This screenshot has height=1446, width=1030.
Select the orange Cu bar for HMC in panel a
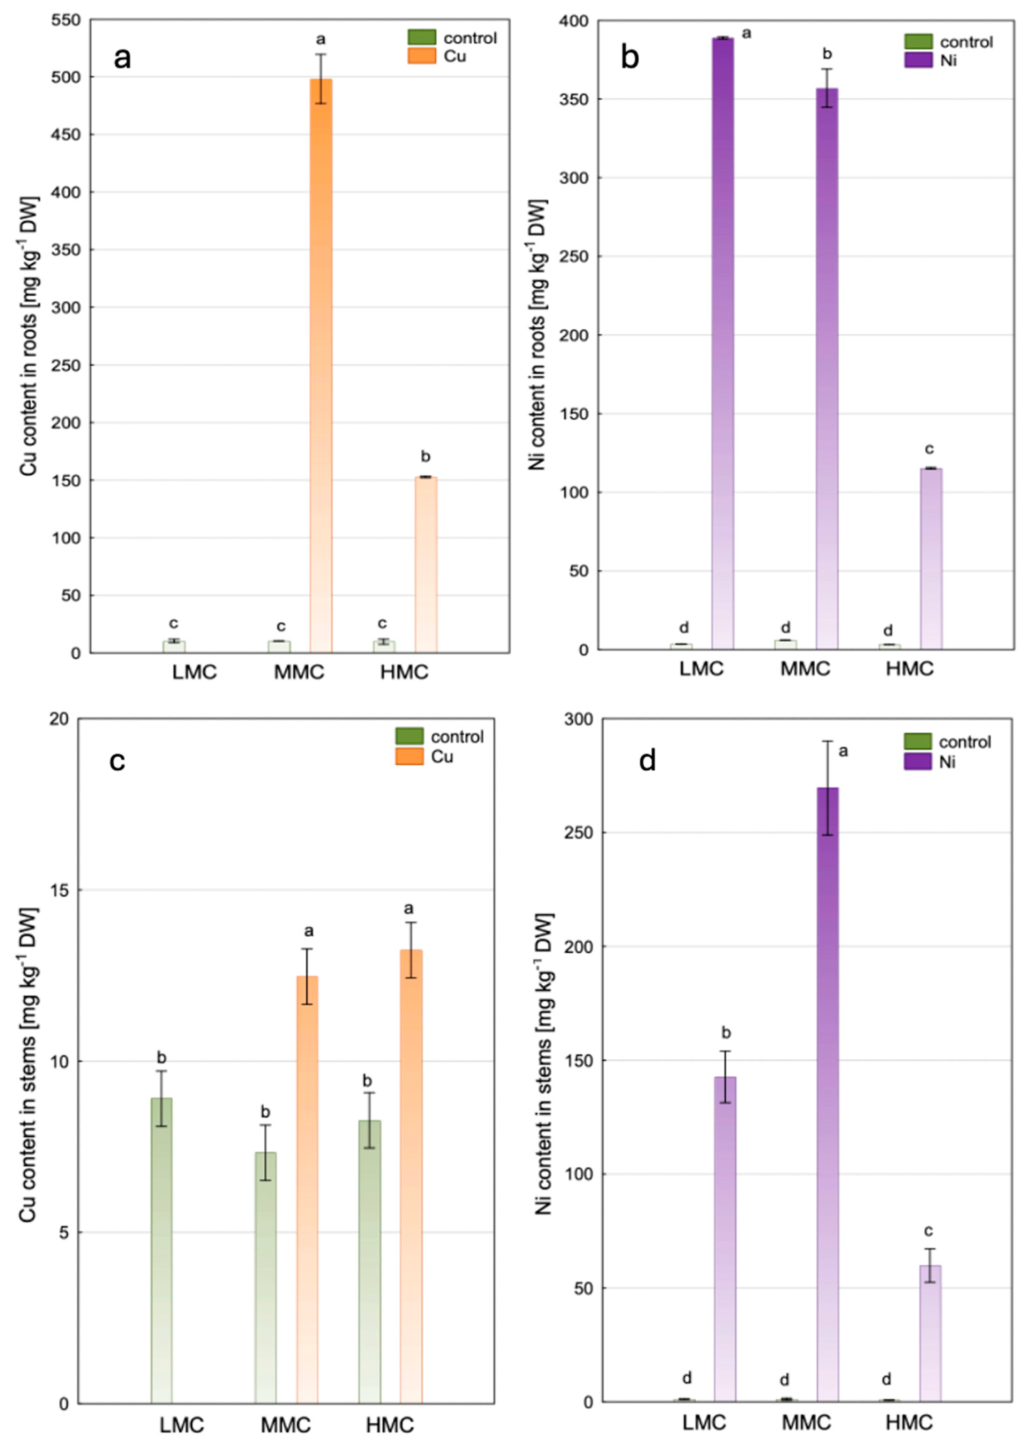426,564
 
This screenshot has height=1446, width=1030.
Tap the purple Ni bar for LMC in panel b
722,342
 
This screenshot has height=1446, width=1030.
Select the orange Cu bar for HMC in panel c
411,1173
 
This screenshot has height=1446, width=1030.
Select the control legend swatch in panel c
409,736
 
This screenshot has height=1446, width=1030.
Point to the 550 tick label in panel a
66,20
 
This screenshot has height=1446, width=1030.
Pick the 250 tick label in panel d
579,833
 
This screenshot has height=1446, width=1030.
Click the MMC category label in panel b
805,668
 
